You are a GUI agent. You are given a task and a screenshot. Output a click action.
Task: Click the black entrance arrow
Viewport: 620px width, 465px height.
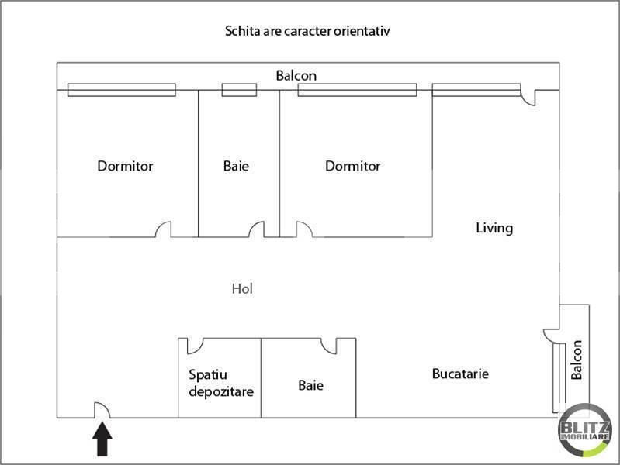tap(102, 439)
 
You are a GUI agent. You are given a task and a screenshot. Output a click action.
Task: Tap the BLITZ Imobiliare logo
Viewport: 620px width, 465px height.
tap(584, 430)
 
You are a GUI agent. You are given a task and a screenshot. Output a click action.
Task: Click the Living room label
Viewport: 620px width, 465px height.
tap(494, 228)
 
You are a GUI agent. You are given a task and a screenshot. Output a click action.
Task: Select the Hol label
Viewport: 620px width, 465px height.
tap(242, 288)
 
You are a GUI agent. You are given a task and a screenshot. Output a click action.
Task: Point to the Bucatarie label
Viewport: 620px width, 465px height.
tap(460, 374)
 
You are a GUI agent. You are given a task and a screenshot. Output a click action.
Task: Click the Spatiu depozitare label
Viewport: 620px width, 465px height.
tap(221, 383)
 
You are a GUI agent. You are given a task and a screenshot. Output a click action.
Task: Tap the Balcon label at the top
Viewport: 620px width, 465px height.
tap(296, 75)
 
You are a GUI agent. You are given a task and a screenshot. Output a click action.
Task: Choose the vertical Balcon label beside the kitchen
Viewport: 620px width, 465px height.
tap(577, 360)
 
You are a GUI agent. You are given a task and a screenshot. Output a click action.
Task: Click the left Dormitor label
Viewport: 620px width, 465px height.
tap(125, 166)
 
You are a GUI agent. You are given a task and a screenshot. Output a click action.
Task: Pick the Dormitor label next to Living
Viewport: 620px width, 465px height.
tap(353, 166)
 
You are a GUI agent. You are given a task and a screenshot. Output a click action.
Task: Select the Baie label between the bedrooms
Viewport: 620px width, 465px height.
tap(236, 166)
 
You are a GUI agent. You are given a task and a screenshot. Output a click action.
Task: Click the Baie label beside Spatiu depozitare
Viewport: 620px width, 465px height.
tap(311, 385)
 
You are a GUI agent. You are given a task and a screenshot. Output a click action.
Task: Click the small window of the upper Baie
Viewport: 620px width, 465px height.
tap(239, 90)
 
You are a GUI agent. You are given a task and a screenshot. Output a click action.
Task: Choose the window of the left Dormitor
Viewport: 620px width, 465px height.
tap(122, 90)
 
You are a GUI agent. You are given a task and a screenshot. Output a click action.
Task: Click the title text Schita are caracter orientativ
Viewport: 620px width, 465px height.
tap(307, 31)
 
